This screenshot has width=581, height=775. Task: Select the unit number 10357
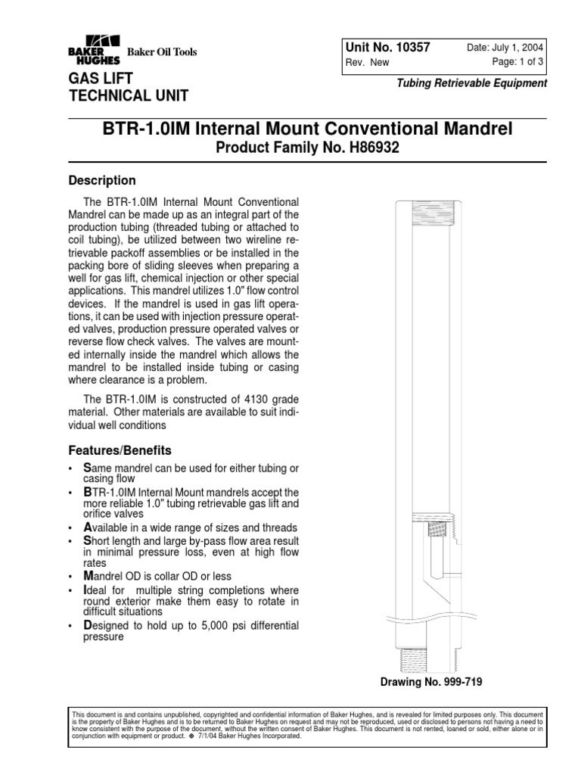[407, 47]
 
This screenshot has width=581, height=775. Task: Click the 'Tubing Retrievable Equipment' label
[472, 84]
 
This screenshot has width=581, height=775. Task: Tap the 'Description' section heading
[102, 181]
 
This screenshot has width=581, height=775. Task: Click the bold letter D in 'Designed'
[87, 625]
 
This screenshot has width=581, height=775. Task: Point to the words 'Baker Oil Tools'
[161, 52]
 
